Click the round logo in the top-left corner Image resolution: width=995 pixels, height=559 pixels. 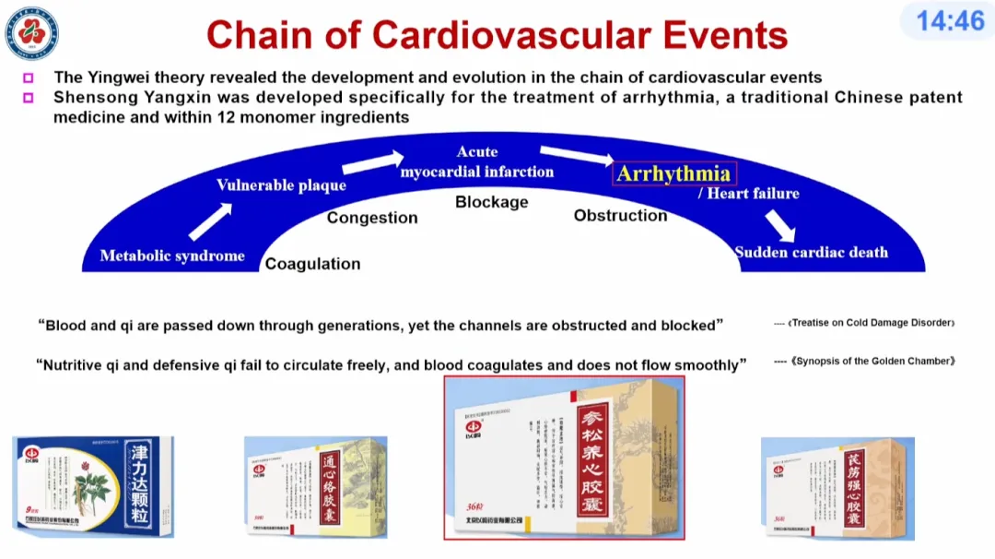tap(32, 32)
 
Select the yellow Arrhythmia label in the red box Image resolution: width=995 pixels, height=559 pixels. tap(673, 173)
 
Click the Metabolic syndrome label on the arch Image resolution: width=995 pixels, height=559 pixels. tap(172, 256)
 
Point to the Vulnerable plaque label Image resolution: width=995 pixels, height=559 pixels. tap(281, 184)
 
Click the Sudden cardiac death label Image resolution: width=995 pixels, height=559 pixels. tap(811, 252)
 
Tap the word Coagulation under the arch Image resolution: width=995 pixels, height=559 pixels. tap(312, 264)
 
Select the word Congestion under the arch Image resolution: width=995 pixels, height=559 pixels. tap(372, 218)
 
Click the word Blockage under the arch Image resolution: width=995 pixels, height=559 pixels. tap(492, 201)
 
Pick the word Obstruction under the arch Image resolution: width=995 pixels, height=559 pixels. tap(620, 215)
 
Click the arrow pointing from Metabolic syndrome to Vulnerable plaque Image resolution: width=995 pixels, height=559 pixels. tap(210, 222)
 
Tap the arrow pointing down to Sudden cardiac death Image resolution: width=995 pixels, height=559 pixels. tap(779, 224)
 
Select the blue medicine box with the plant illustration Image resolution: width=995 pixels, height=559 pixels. tap(92, 486)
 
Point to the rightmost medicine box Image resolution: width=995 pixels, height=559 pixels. tap(837, 489)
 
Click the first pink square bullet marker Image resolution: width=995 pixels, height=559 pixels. tap(29, 78)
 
